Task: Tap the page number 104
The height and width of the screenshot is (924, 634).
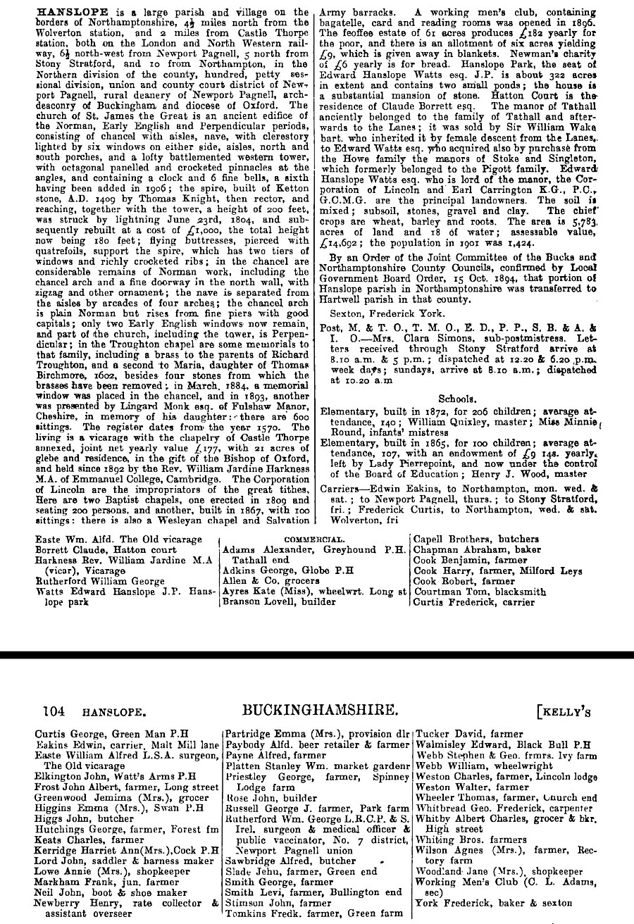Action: (x=55, y=711)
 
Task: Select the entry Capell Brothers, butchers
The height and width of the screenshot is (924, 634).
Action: (x=475, y=539)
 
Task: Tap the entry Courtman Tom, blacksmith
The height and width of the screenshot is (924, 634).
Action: (x=480, y=592)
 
